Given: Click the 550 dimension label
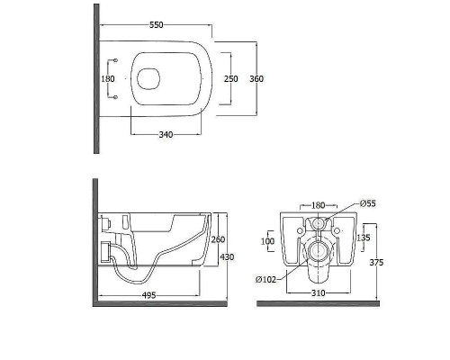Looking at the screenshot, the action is pyautogui.click(x=157, y=25).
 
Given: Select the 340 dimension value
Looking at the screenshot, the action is pyautogui.click(x=166, y=135).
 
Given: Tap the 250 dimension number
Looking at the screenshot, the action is pyautogui.click(x=231, y=78).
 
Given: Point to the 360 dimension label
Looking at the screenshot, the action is pyautogui.click(x=256, y=78).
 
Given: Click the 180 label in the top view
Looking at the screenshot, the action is pyautogui.click(x=108, y=78).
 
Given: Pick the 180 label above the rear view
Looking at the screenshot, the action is pyautogui.click(x=319, y=205).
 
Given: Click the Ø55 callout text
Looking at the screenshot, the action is pyautogui.click(x=368, y=203).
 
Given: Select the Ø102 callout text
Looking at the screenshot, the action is pyautogui.click(x=265, y=280).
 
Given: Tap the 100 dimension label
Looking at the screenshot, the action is pyautogui.click(x=267, y=241).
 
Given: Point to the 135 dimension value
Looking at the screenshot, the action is pyautogui.click(x=364, y=238).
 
